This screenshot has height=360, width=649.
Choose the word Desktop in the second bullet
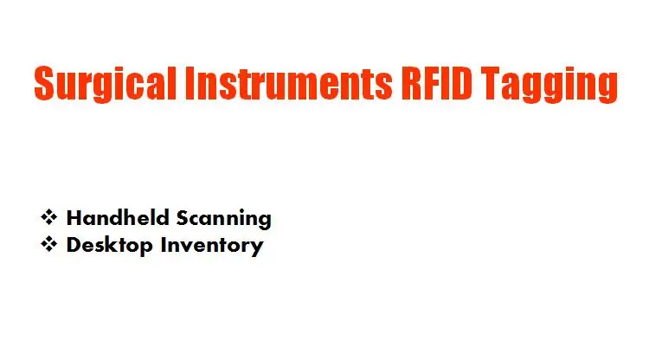click(x=110, y=245)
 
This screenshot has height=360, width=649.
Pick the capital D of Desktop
click(x=74, y=244)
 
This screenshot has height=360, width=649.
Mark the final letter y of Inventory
click(x=256, y=247)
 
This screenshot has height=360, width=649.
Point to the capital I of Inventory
click(x=164, y=244)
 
